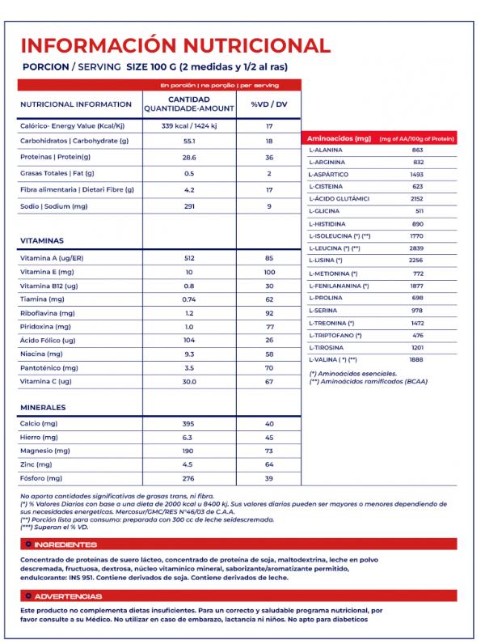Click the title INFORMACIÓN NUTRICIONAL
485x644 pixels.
(175, 45)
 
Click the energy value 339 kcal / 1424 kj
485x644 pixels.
(190, 125)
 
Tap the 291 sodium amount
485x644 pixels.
(190, 205)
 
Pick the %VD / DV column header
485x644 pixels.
(269, 104)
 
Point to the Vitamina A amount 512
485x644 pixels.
(190, 257)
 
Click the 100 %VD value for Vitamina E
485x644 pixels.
(269, 272)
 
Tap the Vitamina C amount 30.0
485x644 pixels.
(190, 381)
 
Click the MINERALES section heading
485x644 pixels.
(43, 408)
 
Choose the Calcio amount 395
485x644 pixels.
(190, 424)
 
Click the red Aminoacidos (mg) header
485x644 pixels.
(339, 139)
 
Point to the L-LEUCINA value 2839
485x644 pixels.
(417, 248)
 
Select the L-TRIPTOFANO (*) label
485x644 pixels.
(335, 335)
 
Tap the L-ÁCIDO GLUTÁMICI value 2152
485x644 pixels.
(417, 198)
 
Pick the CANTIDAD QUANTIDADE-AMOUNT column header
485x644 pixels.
(189, 104)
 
